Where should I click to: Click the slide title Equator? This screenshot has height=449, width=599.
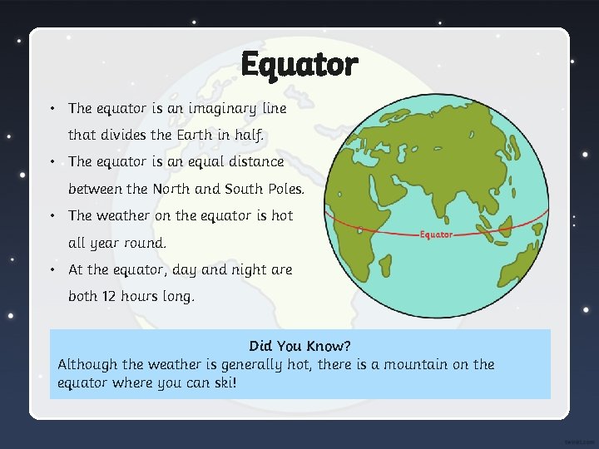(x=299, y=64)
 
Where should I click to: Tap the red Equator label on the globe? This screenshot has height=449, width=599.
(x=436, y=234)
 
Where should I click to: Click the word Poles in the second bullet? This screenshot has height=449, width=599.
(x=285, y=189)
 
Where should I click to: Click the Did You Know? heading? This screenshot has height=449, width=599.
(x=299, y=346)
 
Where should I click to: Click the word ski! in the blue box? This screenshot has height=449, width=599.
(x=225, y=383)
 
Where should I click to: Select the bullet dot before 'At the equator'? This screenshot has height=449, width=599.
(x=52, y=269)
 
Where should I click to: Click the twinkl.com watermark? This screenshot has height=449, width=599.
(x=578, y=442)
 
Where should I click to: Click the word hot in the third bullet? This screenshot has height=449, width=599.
(x=282, y=215)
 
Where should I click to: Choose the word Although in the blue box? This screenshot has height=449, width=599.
(x=87, y=364)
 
